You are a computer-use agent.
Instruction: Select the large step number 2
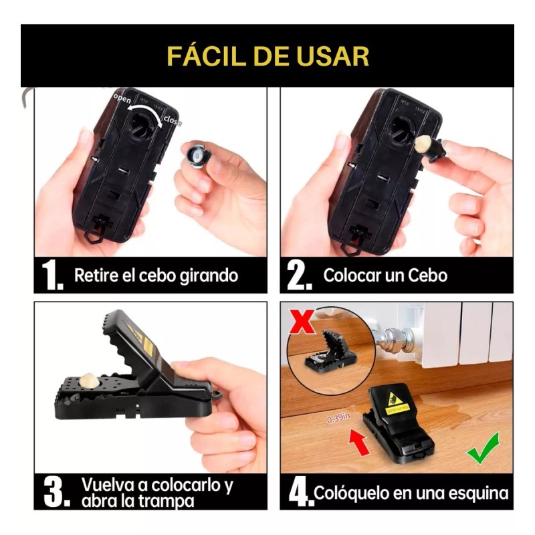click(298, 276)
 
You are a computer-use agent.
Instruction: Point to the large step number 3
click(56, 492)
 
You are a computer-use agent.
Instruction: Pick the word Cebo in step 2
click(426, 275)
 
